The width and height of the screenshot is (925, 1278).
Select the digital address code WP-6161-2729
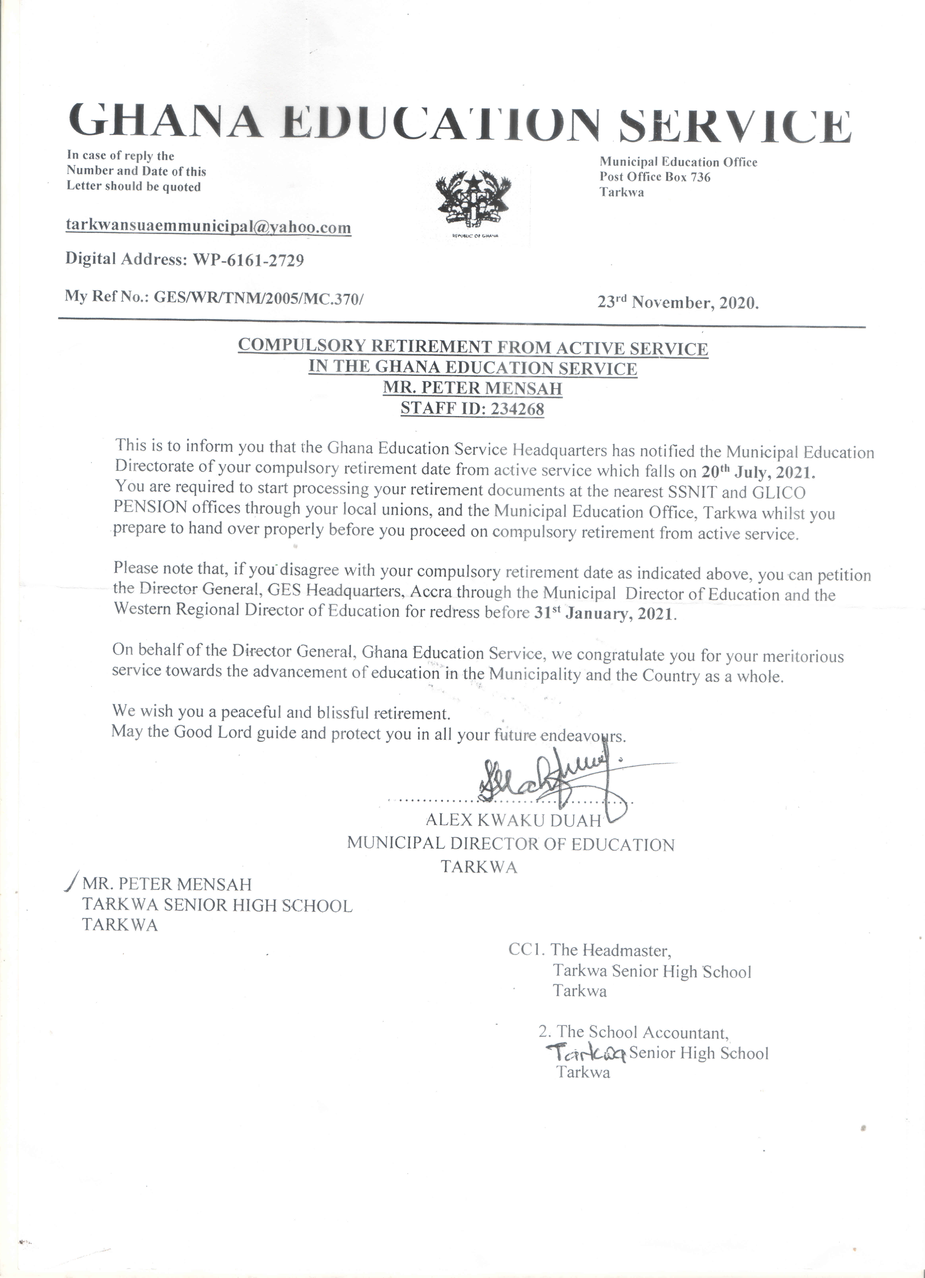(249, 260)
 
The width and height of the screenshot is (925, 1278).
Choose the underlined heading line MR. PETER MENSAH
(473, 389)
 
